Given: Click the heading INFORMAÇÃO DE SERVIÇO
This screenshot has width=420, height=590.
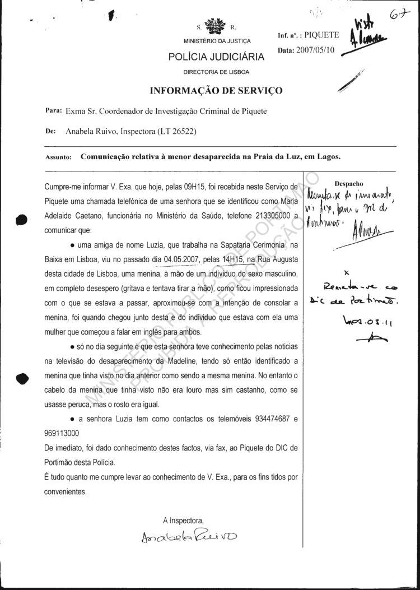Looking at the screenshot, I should click(216, 91).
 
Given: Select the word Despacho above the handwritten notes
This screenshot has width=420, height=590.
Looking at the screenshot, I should click(348, 183).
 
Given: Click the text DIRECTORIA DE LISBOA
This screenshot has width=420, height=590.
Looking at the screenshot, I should click(216, 72).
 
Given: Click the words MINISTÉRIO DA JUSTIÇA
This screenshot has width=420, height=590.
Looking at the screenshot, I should click(217, 41).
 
